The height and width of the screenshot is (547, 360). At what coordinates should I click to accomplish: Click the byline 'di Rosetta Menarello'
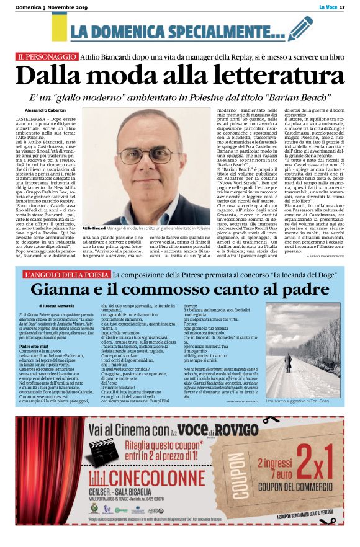(60, 306)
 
